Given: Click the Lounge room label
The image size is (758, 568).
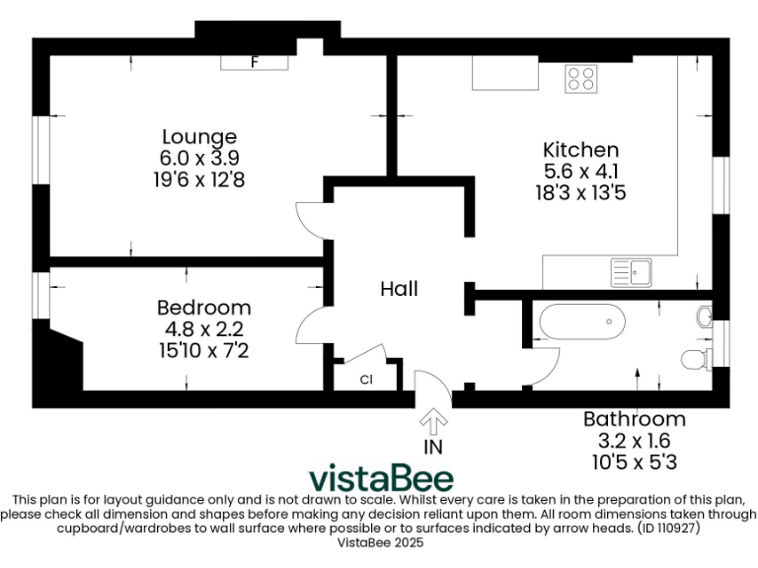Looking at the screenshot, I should pos(199,137).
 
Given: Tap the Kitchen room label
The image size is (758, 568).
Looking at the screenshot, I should pos(581,150).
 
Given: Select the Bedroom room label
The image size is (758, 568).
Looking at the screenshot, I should pos(203,308).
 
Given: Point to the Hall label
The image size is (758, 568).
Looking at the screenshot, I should pos(400,289).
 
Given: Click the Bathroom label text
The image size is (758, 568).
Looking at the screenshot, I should pos(634,419).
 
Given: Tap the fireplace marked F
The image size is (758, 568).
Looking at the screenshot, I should pos(255,62).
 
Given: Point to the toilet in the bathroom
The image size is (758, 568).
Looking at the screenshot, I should pos(696,357).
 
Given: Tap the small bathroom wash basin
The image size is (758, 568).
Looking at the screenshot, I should pos(705,317).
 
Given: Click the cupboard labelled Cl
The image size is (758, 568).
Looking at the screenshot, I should pos(365,379).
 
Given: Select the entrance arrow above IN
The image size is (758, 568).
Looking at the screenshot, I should pos(432,421).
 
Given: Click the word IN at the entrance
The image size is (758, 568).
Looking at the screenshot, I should pos(432,447).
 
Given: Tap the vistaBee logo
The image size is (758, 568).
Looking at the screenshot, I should pos(382,478).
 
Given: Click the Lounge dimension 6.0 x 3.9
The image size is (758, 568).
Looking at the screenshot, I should pos(199,158).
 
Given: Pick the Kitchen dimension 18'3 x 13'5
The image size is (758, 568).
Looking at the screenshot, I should pos(581,192).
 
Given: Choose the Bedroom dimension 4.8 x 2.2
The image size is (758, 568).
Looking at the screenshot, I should pos(203,329).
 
